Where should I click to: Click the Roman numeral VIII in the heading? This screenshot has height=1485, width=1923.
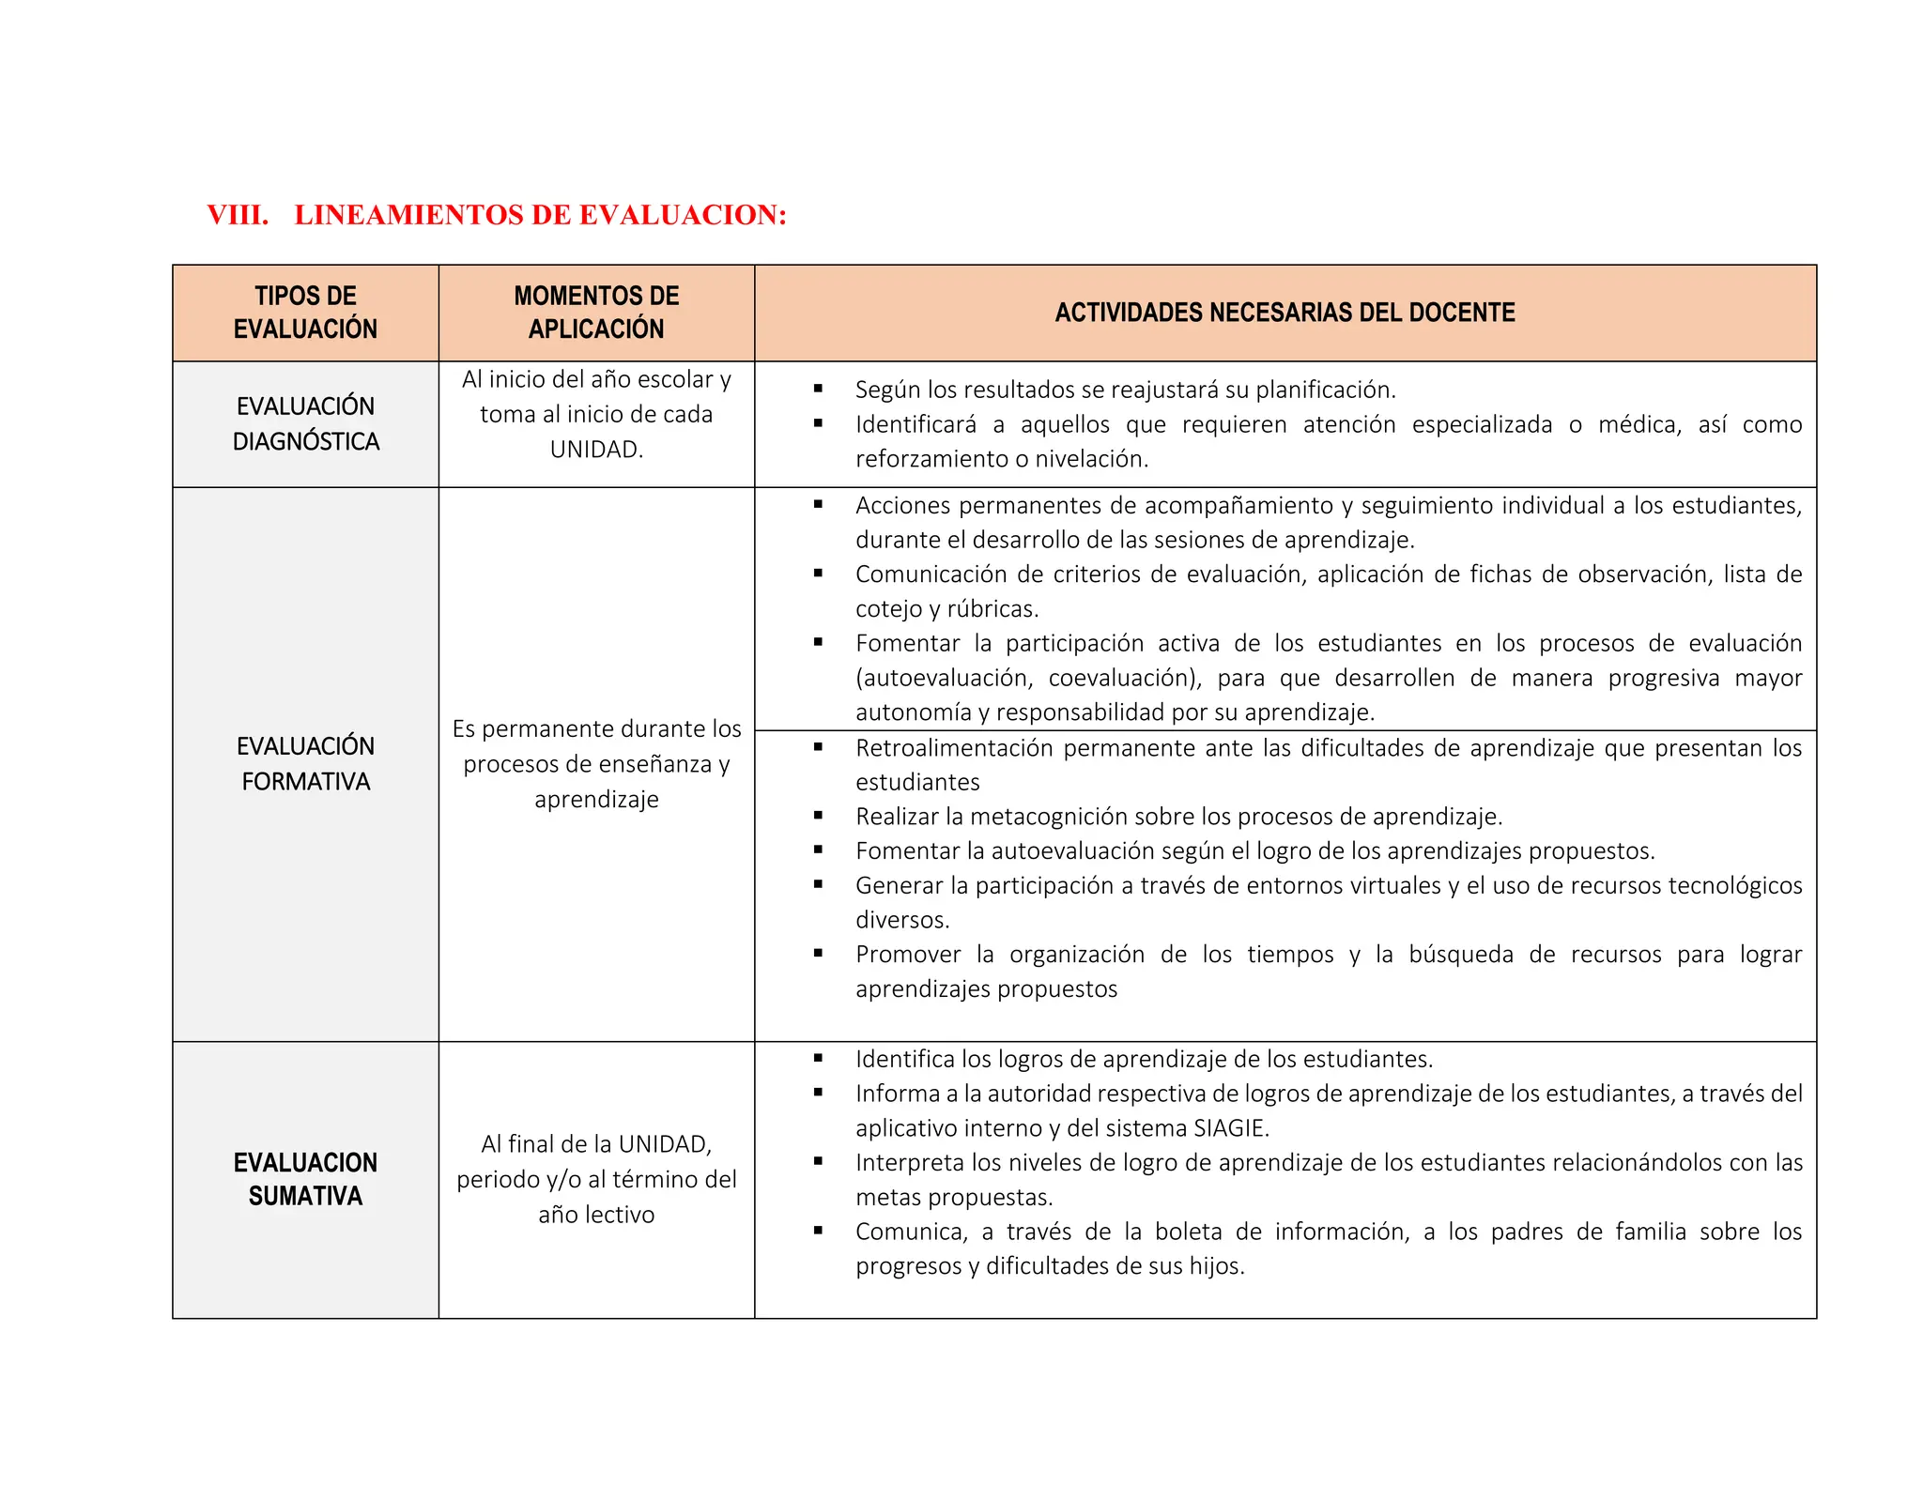(237, 215)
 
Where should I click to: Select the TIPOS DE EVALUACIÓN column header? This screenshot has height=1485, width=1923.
(305, 313)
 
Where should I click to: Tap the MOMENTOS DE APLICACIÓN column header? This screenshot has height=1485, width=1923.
(596, 313)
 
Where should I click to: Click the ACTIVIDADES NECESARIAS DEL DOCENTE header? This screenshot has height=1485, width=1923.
(1285, 313)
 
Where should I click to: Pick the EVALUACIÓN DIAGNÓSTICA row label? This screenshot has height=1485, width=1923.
(305, 423)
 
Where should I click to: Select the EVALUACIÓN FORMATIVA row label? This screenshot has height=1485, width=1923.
(305, 763)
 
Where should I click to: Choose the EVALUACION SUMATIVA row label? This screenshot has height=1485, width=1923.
(305, 1179)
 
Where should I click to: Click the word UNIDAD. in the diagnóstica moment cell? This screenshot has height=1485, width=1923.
(596, 450)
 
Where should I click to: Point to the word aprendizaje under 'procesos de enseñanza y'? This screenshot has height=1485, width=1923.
(596, 800)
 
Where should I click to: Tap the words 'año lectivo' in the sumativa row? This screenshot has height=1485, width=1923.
(596, 1215)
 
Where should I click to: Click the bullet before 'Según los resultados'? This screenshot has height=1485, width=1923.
(818, 389)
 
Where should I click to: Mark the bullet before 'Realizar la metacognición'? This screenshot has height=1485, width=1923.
(818, 816)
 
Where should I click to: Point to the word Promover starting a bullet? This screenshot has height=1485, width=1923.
(908, 955)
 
